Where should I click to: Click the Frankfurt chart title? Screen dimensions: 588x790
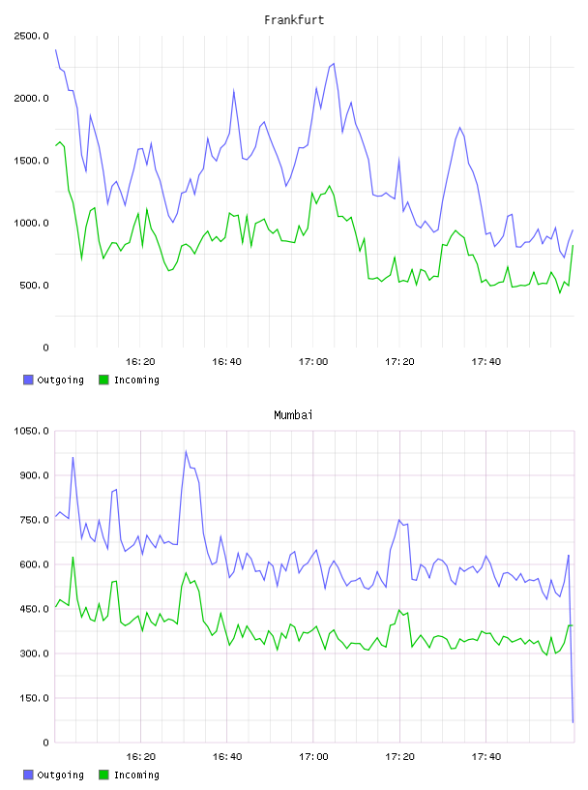coord(294,20)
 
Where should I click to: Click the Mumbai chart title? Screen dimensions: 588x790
coord(293,415)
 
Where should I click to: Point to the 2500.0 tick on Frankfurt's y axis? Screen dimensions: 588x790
coord(31,36)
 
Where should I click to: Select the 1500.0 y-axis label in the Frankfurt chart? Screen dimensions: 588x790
coord(31,161)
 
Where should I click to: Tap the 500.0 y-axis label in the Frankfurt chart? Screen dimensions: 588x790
coord(34,286)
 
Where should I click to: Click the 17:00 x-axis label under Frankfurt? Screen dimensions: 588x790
coord(313,362)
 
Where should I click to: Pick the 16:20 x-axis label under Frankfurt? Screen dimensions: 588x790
coord(140,362)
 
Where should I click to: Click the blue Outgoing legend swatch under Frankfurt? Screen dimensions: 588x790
coord(28,380)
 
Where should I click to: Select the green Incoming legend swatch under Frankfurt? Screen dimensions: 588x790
coord(103,380)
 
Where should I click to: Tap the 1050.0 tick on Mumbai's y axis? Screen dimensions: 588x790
coord(31,431)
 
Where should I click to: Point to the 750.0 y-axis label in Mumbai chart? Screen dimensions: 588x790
coord(34,520)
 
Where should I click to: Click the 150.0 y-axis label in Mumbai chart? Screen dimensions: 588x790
coord(34,698)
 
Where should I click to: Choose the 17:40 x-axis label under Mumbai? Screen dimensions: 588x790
coord(486,757)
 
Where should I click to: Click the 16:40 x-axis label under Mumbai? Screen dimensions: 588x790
coord(227,757)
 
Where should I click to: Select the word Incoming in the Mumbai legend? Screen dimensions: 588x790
coord(136,775)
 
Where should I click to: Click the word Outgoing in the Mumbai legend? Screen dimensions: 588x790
coord(60,775)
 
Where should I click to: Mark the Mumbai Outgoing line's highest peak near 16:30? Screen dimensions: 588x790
coord(186,451)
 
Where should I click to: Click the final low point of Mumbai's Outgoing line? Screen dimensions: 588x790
coord(573,722)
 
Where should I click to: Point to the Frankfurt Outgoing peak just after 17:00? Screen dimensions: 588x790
coord(334,64)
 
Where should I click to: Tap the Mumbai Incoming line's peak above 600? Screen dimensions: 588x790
coord(73,558)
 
